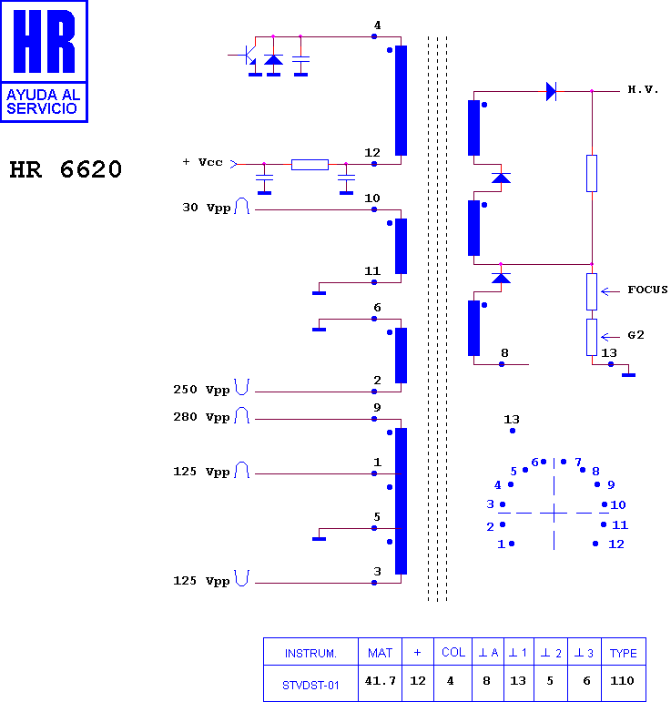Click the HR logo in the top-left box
tap(44, 41)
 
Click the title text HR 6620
tap(66, 169)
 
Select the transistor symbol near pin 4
tap(245, 55)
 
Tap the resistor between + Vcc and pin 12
tap(310, 164)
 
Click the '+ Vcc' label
tap(202, 162)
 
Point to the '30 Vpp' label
tap(207, 208)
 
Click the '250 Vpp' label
tap(201, 390)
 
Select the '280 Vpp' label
tap(201, 417)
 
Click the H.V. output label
tap(643, 89)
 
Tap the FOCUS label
tap(647, 290)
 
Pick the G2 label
tap(635, 335)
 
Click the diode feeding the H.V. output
tap(551, 91)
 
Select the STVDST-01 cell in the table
tap(310, 685)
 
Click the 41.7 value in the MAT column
tap(380, 681)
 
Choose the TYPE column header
tap(623, 653)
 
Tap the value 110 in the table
tap(622, 681)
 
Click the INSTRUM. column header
tap(310, 654)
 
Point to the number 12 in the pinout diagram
tap(616, 544)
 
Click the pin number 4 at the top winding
tap(377, 25)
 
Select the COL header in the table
tap(453, 653)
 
